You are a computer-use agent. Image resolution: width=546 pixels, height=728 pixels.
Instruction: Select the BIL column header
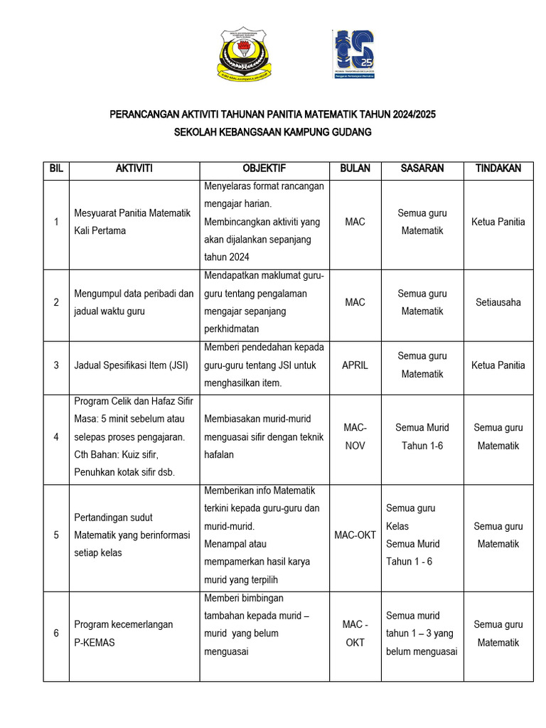coord(56,168)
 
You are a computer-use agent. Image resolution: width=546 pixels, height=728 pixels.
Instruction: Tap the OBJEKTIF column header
coord(264,168)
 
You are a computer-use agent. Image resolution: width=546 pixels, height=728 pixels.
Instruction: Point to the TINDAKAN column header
coord(498,168)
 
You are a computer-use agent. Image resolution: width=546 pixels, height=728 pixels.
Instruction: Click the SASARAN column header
coord(422,168)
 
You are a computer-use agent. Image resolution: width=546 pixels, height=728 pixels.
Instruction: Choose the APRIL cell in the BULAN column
coord(355,365)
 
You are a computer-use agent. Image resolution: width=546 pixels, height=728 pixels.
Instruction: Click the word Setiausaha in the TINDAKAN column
coord(498,302)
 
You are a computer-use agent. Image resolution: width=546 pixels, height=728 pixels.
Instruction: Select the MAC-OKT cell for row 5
coord(355,535)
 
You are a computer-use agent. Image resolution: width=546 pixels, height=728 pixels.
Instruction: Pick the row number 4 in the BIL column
coord(56,437)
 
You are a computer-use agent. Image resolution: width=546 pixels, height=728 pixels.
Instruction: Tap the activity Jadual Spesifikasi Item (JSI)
coord(130,365)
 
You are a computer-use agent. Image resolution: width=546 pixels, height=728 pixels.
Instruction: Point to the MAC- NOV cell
coord(355,437)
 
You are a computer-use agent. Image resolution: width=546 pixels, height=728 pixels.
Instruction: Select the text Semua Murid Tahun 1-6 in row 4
coord(422,437)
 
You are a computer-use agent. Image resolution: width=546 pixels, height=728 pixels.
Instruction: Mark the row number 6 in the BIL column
coord(56,633)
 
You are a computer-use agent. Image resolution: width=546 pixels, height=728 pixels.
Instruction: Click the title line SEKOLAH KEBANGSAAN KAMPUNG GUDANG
coord(273,132)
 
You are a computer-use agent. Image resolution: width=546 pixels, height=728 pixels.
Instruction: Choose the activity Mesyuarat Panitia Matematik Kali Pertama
coord(132,222)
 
